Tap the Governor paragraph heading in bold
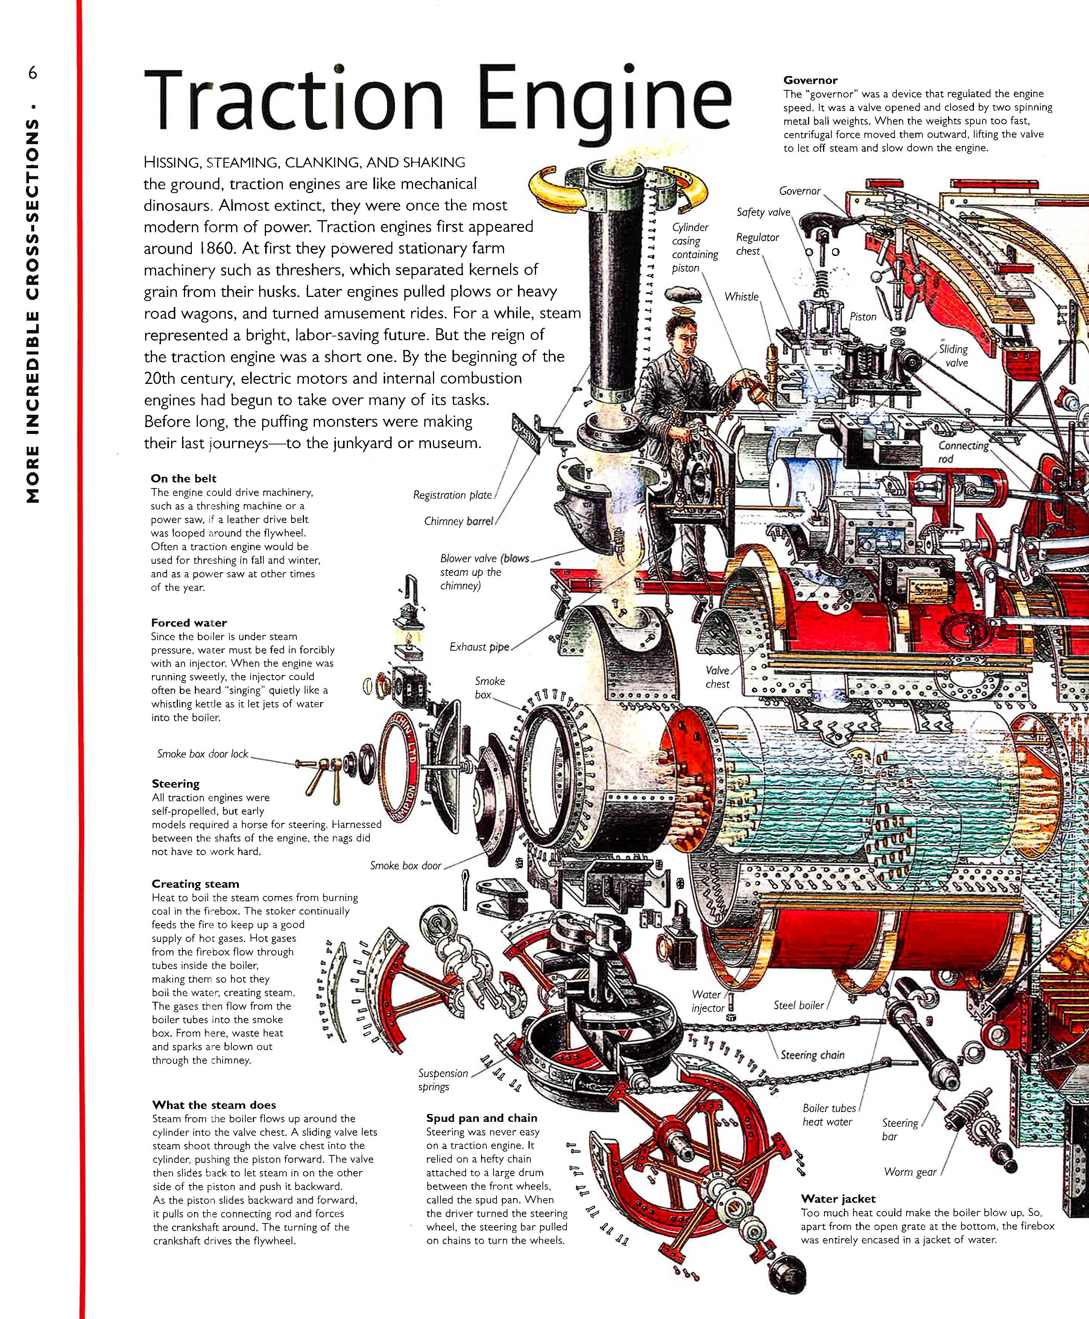810,80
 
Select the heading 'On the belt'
184,479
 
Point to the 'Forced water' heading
189,622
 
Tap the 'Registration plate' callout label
452,495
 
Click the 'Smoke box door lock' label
203,754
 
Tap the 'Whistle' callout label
741,297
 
